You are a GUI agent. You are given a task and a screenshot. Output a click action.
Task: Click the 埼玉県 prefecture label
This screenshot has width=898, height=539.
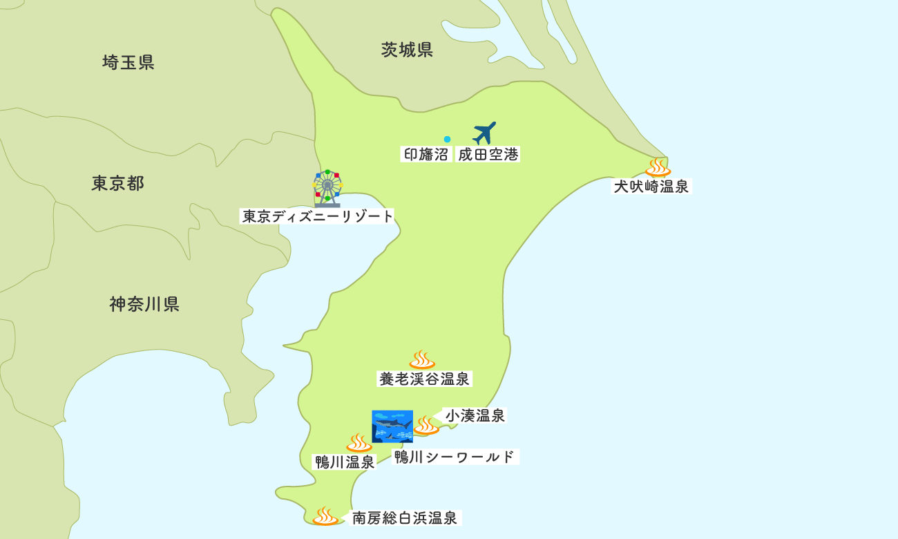coord(128,63)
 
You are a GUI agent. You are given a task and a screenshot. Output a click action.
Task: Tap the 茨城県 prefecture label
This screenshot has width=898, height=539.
coord(407,50)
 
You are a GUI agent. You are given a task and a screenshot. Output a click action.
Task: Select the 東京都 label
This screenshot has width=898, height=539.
coord(117,183)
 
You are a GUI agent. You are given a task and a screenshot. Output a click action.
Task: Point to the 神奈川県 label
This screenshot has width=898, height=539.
coord(144,304)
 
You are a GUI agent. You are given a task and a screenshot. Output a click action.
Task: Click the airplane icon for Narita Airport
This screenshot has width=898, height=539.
coord(484,133)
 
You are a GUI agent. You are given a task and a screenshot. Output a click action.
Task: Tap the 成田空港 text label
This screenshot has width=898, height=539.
coord(488,155)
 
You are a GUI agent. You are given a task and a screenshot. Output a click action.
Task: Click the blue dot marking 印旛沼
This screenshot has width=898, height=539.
coord(447,139)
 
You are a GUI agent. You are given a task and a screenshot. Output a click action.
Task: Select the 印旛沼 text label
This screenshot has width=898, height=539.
coord(426,155)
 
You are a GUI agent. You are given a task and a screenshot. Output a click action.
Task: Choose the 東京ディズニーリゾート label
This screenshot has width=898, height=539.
coord(317,216)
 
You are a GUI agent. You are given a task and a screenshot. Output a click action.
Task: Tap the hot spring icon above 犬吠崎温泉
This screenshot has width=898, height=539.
coord(658,167)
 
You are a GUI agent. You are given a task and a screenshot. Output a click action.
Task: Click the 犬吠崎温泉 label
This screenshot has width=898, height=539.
coord(651,187)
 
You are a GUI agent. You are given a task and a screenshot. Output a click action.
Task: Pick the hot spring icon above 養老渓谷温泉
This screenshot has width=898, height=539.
coord(421,359)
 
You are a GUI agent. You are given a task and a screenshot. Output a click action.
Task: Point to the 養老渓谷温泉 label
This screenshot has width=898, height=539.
coord(424,379)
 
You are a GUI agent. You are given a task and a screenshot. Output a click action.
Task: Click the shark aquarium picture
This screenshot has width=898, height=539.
coord(392,426)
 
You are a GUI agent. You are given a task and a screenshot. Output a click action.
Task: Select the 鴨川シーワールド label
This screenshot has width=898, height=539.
coord(455,457)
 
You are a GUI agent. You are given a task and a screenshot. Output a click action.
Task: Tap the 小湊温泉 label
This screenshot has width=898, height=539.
coord(475,415)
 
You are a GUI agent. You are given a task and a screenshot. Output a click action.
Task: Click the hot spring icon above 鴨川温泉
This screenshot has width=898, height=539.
coord(359,443)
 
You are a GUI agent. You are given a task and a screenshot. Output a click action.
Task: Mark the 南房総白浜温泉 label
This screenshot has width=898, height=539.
coord(405,518)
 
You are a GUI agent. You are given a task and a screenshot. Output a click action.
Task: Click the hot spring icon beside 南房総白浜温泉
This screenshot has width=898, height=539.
coord(325,516)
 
